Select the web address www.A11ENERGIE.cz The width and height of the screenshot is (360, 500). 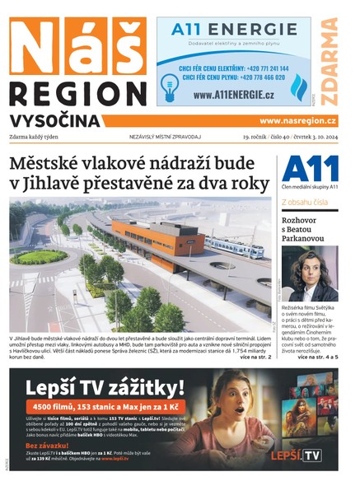234,96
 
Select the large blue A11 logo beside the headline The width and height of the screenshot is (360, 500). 310,170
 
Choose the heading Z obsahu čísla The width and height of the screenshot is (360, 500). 305,201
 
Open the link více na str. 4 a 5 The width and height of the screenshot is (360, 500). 317,357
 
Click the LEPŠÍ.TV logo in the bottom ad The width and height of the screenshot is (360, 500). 299,455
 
